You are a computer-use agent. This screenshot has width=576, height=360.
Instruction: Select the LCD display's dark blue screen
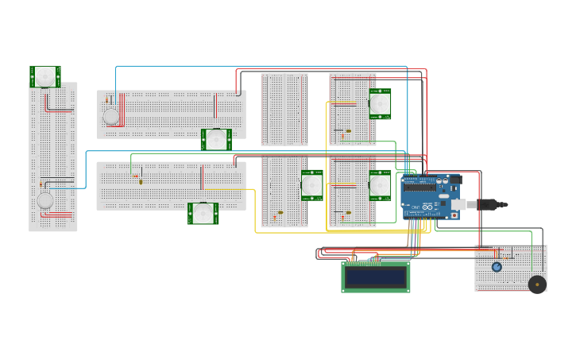pos(375,277)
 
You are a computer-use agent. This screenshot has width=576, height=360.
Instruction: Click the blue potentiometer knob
pos(497,267)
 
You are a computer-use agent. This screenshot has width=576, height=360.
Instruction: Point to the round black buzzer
pos(537,284)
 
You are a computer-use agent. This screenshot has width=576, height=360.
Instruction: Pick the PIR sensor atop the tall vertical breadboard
pos(45,77)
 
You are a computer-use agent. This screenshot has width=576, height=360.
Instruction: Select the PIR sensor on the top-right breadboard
pos(380,103)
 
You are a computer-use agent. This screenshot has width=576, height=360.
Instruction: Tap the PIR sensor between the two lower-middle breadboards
pos(311,185)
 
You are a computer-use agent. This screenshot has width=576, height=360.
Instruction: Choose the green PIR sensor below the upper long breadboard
pos(216,140)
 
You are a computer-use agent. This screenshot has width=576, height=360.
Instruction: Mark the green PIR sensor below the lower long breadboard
pos(203,213)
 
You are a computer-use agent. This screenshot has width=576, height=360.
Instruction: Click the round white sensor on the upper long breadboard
pos(111,117)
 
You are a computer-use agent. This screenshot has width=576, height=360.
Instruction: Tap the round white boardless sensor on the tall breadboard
pos(45,200)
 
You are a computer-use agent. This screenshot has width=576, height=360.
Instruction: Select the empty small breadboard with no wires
pos(284,110)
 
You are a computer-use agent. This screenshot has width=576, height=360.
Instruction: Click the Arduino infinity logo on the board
pos(443,192)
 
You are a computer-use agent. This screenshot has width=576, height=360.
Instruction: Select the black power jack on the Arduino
pos(455,180)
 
